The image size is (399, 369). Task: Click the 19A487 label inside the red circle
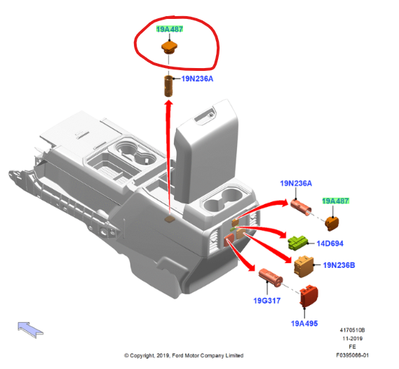pyautogui.click(x=170, y=29)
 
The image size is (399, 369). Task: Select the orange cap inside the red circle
pyautogui.click(x=169, y=47)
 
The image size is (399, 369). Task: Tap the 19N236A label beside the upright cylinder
pyautogui.click(x=197, y=79)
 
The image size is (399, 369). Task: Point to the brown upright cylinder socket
pyautogui.click(x=168, y=86)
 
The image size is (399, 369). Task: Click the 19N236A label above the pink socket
pyautogui.click(x=296, y=183)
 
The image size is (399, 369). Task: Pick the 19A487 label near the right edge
pyautogui.click(x=335, y=201)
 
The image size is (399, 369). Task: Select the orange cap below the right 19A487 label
pyautogui.click(x=332, y=224)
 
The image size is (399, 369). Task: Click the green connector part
pyautogui.click(x=298, y=243)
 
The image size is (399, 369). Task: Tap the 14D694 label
pyautogui.click(x=330, y=243)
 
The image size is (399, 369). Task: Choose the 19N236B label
pyautogui.click(x=339, y=265)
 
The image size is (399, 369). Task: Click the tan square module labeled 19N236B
pyautogui.click(x=304, y=266)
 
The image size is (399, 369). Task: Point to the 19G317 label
pyautogui.click(x=267, y=300)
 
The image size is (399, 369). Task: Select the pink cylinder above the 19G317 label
pyautogui.click(x=271, y=277)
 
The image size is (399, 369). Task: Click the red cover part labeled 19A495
pyautogui.click(x=309, y=296)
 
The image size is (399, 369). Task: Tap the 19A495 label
pyautogui.click(x=304, y=323)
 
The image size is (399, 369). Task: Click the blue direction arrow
pyautogui.click(x=30, y=330)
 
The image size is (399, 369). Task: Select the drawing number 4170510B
pyautogui.click(x=352, y=330)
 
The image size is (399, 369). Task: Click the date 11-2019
pyautogui.click(x=353, y=338)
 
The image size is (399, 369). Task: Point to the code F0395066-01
pyautogui.click(x=352, y=355)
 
